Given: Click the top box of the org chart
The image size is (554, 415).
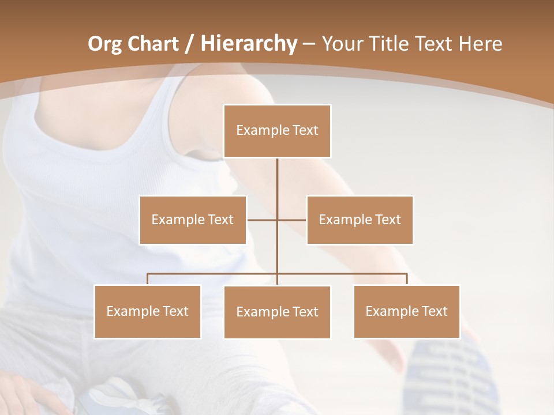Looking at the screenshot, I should point(277,131).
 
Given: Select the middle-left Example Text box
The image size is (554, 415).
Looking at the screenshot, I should point(193,220).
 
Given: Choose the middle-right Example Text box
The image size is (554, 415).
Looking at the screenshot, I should point(360,220).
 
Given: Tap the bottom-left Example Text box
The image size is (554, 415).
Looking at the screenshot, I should point(147,311).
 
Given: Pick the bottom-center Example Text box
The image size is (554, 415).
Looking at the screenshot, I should point(277,312).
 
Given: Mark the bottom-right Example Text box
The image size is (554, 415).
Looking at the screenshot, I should point(406,311).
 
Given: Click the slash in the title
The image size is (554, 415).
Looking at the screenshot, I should point(189,44).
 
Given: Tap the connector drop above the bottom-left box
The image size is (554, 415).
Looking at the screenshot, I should point(147,279).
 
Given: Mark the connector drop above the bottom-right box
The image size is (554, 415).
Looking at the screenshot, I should point(407,279).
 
